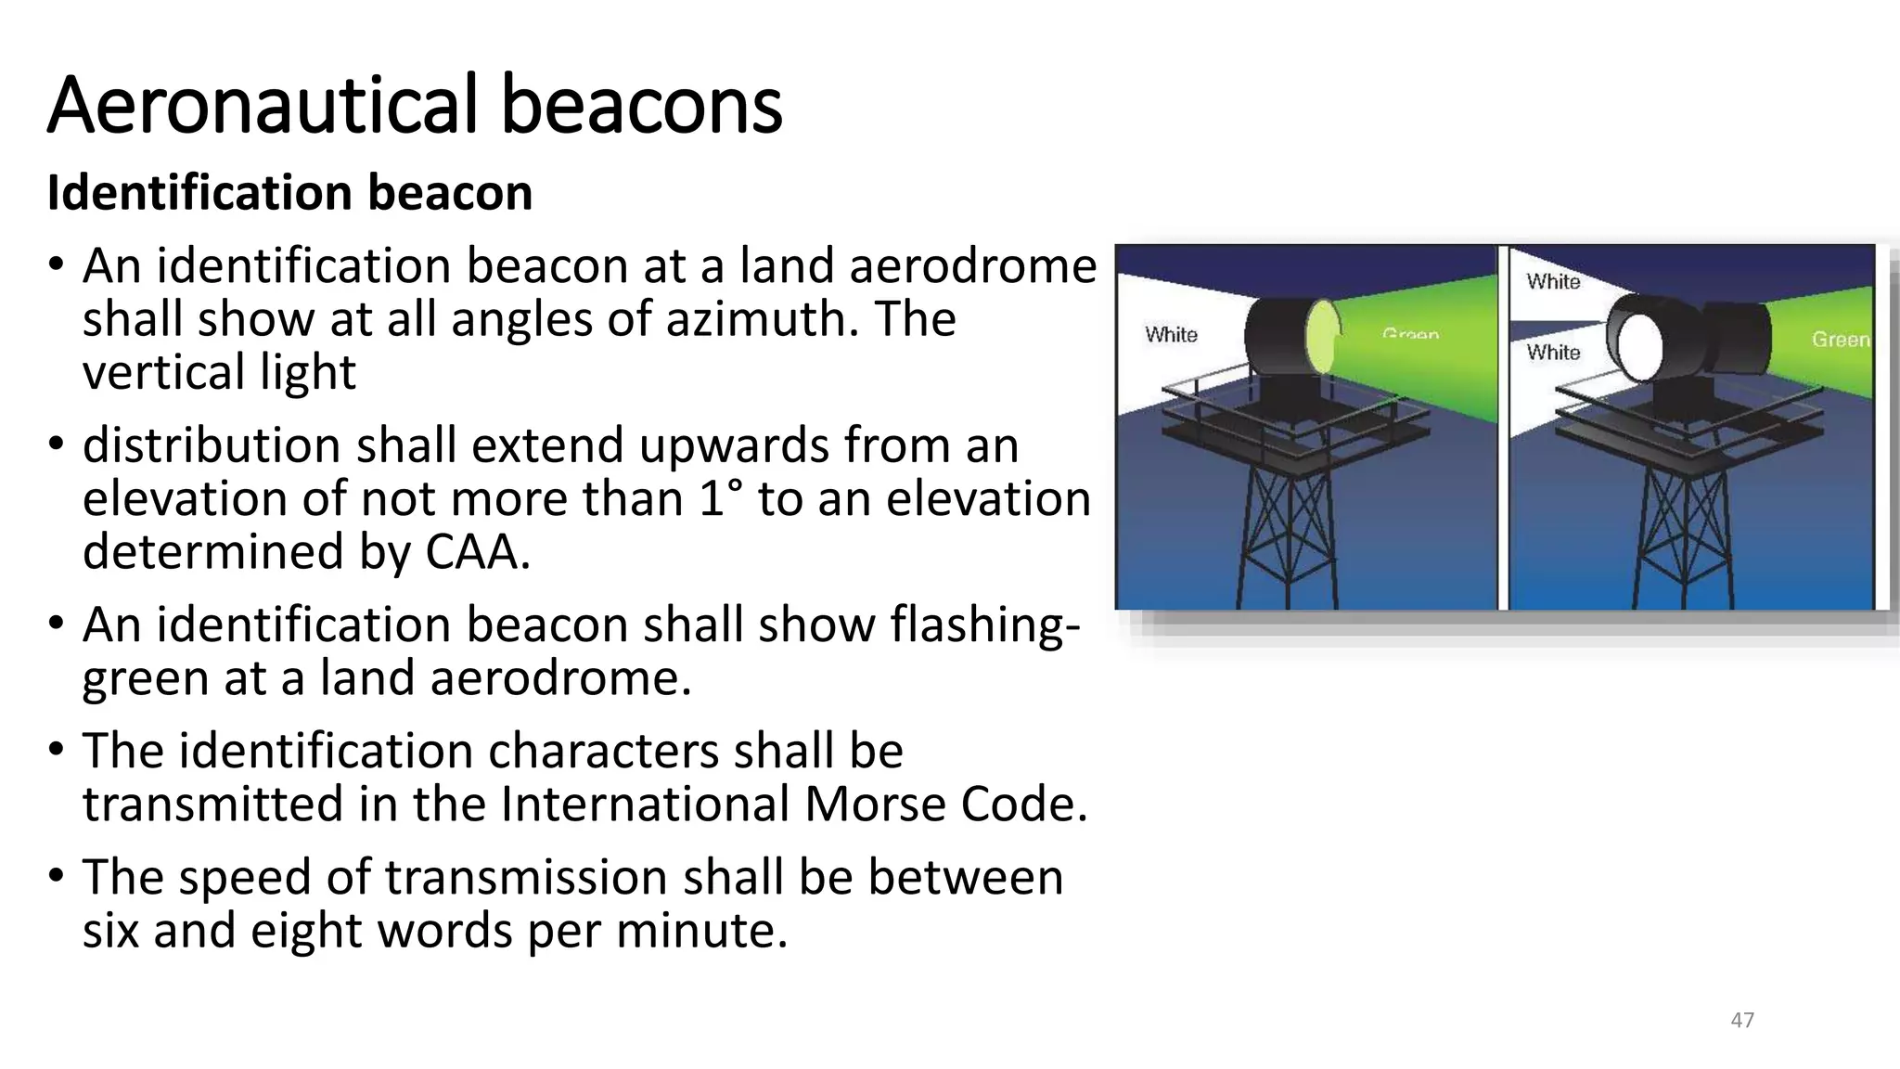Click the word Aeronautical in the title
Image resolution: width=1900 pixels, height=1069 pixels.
coord(263,105)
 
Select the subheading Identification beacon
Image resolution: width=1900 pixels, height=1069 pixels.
coord(289,193)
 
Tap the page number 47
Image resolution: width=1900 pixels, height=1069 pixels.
coord(1742,1020)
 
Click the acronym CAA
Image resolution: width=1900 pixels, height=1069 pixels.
coord(477,552)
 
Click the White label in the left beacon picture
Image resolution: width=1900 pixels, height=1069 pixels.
coord(1171,334)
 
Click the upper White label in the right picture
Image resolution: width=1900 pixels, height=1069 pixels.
coord(1553,281)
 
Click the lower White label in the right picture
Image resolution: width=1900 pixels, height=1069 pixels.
coord(1553,352)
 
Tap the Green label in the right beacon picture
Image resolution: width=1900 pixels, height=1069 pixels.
coord(1841,340)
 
